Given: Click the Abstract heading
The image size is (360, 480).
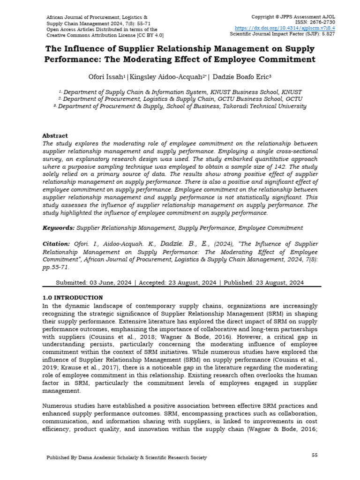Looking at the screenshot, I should click(x=55, y=135).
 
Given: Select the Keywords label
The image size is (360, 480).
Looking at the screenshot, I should click(x=59, y=228).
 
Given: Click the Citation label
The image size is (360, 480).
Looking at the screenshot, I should click(x=56, y=244).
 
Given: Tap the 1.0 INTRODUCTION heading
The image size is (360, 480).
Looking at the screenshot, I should click(x=73, y=298).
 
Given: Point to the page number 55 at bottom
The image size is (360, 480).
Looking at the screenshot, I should click(x=315, y=455).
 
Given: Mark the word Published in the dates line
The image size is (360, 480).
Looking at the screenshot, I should click(x=239, y=283).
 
